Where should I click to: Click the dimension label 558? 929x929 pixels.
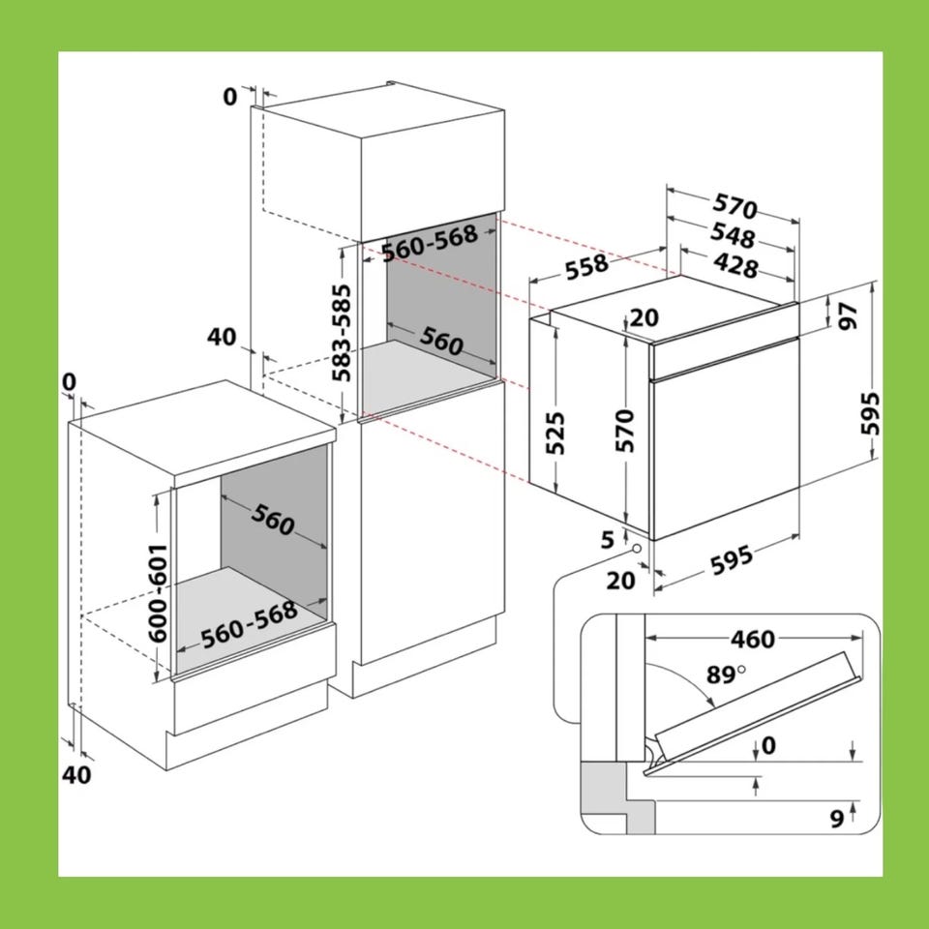pyautogui.click(x=586, y=266)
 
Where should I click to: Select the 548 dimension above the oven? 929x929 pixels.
pyautogui.click(x=733, y=234)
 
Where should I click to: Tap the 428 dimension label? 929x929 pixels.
pyautogui.click(x=735, y=265)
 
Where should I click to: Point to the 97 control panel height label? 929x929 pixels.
pyautogui.click(x=849, y=315)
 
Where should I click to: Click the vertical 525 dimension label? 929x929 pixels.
pyautogui.click(x=555, y=434)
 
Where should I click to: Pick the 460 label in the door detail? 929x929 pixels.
pyautogui.click(x=753, y=640)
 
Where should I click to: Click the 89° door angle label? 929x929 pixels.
pyautogui.click(x=725, y=674)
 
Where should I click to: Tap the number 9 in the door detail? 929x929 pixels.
pyautogui.click(x=836, y=819)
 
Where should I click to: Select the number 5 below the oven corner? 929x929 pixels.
pyautogui.click(x=608, y=540)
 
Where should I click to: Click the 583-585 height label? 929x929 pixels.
pyautogui.click(x=342, y=333)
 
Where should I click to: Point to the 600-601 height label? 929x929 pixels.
pyautogui.click(x=158, y=592)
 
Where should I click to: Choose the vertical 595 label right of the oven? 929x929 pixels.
pyautogui.click(x=870, y=413)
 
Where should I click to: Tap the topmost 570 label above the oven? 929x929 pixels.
pyautogui.click(x=734, y=205)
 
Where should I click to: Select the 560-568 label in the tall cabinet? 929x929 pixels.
pyautogui.click(x=430, y=243)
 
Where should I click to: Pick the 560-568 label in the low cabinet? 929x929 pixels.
pyautogui.click(x=249, y=625)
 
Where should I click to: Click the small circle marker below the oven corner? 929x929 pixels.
pyautogui.click(x=637, y=549)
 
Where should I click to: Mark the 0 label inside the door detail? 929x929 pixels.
pyautogui.click(x=768, y=745)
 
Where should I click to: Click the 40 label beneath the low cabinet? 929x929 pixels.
pyautogui.click(x=76, y=775)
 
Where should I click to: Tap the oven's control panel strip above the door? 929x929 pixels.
pyautogui.click(x=725, y=357)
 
